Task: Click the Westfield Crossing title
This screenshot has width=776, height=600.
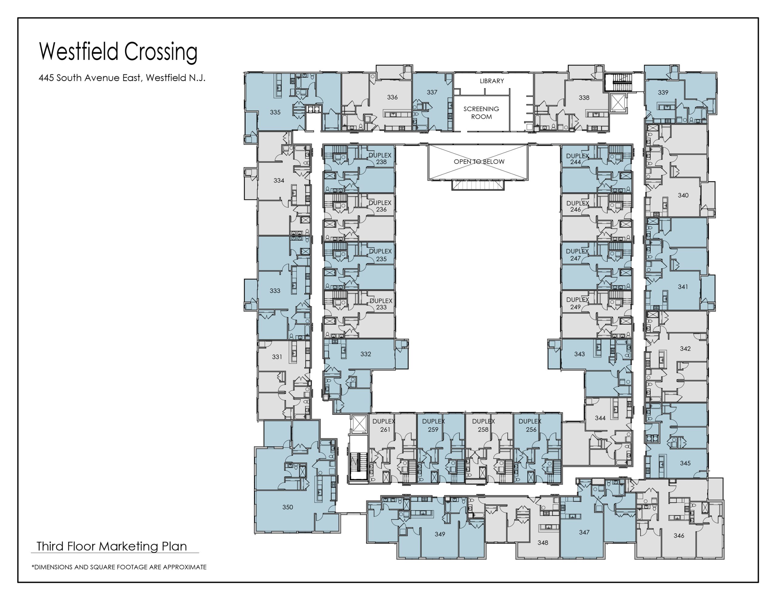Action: coord(118,52)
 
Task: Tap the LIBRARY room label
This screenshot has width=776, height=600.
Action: coord(492,81)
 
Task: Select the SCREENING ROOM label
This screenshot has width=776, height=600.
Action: coord(481,113)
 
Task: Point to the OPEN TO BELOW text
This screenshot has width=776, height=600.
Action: coord(479,161)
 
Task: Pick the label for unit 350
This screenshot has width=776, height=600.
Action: coord(287,507)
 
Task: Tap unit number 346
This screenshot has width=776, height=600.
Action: coord(679,535)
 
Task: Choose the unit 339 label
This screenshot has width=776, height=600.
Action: coord(663,93)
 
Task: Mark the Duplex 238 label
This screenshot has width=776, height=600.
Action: coord(380,159)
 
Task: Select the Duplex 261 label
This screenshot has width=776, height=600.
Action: coord(384,425)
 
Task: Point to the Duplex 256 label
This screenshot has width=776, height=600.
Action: coord(530,425)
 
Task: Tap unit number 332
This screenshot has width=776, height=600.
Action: coord(366,354)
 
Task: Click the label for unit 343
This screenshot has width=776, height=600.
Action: coord(580,354)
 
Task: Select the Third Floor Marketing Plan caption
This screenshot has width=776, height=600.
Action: coord(112,546)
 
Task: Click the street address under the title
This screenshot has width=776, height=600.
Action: coord(122,78)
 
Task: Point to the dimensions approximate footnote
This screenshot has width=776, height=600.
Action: coord(119,567)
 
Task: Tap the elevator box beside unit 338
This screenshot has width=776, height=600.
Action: coord(618,103)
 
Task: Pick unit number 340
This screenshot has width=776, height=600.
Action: coord(683,195)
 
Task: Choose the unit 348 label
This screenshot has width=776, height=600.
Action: coord(543,542)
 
